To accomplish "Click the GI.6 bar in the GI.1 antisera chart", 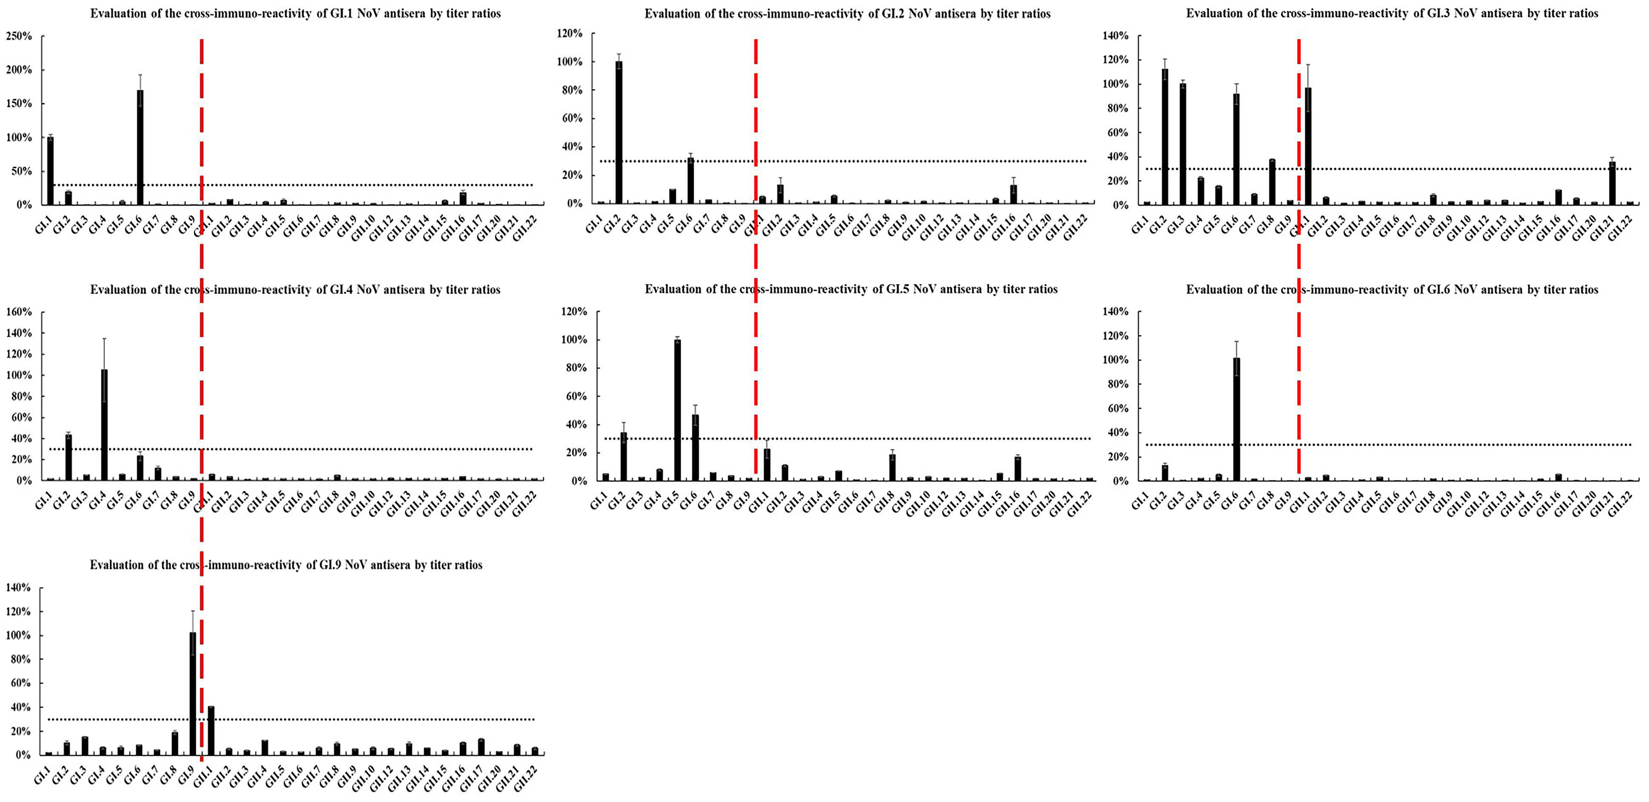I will point(140,147).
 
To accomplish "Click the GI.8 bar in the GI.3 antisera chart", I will point(1272,182).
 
